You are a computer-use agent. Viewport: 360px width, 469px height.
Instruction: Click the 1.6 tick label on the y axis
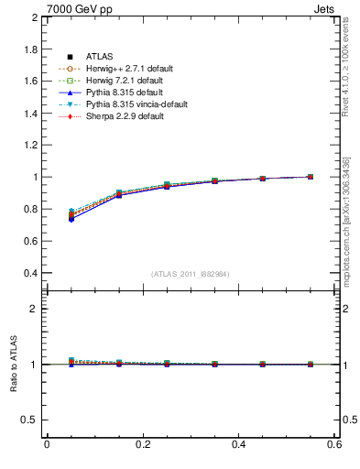[29, 82]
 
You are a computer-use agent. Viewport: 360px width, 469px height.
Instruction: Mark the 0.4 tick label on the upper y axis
[29, 273]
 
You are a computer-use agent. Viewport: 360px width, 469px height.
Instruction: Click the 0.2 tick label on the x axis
[142, 444]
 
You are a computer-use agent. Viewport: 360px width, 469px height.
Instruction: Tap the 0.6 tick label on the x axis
[334, 444]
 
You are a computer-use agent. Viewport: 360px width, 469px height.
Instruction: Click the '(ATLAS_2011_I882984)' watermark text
[190, 274]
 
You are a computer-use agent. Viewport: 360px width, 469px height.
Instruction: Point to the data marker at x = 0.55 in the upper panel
[311, 177]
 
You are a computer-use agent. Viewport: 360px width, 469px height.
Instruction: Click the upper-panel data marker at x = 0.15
[119, 194]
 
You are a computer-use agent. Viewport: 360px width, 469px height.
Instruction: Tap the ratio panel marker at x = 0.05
[71, 362]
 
